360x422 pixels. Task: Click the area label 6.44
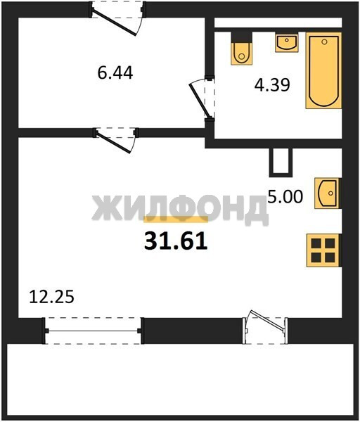tap(115, 73)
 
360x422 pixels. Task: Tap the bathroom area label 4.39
tap(272, 85)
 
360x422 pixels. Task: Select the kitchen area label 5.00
tap(285, 196)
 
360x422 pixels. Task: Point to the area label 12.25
tap(51, 297)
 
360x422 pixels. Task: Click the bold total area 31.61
tap(176, 241)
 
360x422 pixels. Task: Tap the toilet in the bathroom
tap(242, 49)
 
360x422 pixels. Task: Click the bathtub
tap(323, 70)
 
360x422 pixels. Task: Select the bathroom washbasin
tap(287, 42)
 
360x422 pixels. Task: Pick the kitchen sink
tap(328, 193)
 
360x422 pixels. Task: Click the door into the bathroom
tap(202, 98)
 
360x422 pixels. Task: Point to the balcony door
tap(265, 327)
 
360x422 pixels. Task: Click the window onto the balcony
tap(93, 331)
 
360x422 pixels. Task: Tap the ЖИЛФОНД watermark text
tap(180, 209)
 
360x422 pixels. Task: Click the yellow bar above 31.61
tap(176, 219)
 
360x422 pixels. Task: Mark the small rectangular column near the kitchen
tap(281, 162)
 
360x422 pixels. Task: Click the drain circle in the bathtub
tap(324, 41)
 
